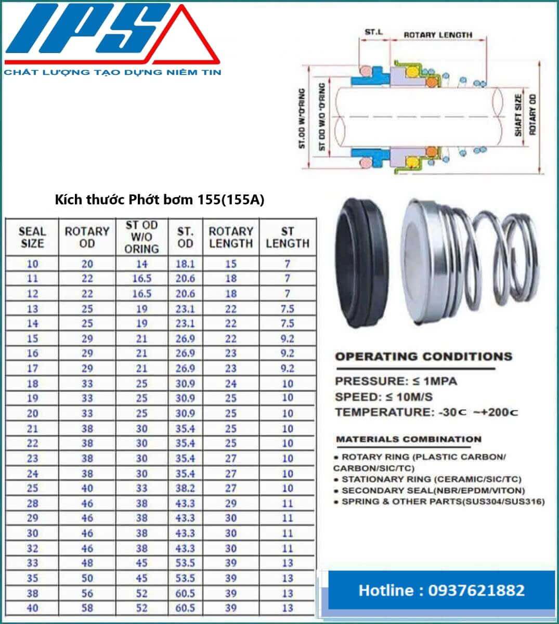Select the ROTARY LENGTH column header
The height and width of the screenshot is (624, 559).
(x=230, y=238)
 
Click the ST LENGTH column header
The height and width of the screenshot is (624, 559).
(x=287, y=238)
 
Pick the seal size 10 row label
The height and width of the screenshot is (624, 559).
(x=32, y=264)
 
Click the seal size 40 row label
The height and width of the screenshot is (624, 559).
(x=32, y=608)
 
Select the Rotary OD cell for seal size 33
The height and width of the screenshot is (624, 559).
(x=87, y=563)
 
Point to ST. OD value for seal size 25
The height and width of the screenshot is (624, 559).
(x=185, y=488)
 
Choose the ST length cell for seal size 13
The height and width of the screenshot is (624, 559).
(x=287, y=309)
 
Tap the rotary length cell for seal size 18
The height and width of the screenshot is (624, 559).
(x=230, y=384)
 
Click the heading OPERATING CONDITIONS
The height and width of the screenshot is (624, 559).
(x=423, y=357)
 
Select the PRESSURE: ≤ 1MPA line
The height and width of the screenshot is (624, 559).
(x=396, y=381)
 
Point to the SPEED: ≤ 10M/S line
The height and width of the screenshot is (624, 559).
(x=384, y=397)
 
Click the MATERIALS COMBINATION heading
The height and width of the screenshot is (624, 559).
(x=409, y=439)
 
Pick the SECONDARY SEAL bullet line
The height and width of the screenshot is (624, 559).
(x=433, y=490)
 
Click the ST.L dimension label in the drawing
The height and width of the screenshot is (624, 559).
(x=373, y=32)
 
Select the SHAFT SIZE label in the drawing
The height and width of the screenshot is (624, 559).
(x=518, y=115)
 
